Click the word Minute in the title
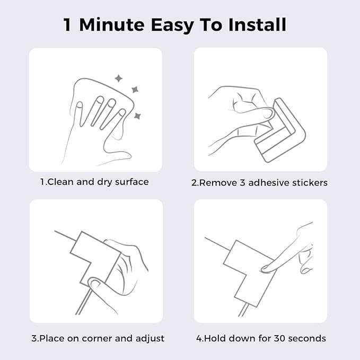[x=112, y=24]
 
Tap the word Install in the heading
[x=257, y=24]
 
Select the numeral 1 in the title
[x=67, y=25]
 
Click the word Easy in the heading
[x=172, y=25]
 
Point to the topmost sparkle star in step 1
[x=118, y=78]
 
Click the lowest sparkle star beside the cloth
[x=137, y=116]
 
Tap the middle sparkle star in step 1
[x=135, y=90]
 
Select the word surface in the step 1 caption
[x=132, y=182]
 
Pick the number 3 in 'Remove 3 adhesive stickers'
[x=242, y=183]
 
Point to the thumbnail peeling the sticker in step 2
[x=267, y=113]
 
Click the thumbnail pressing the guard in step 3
[x=94, y=285]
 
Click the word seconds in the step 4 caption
[x=307, y=338]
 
